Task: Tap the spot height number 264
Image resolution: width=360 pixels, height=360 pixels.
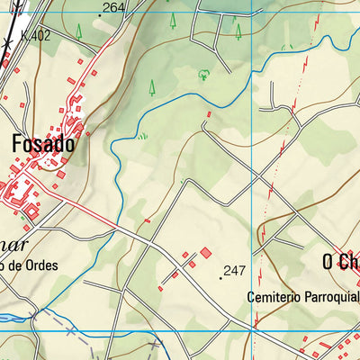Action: pyautogui.click(x=113, y=8)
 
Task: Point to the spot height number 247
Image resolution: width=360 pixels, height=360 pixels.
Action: pyautogui.click(x=235, y=270)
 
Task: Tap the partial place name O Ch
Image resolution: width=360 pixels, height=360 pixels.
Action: pyautogui.click(x=340, y=262)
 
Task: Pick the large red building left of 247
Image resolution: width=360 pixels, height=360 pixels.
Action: pyautogui.click(x=205, y=254)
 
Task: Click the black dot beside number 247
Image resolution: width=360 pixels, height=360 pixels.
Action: pyautogui.click(x=220, y=278)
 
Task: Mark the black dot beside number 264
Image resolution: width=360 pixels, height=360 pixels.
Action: pyautogui.click(x=99, y=15)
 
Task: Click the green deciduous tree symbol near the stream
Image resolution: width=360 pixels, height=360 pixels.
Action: pyautogui.click(x=203, y=75)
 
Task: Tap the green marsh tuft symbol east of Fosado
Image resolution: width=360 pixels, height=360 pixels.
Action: pyautogui.click(x=141, y=136)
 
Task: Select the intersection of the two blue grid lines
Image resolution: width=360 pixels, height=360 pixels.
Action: pyautogui.click(x=256, y=330)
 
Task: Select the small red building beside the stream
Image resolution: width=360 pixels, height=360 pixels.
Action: pyautogui.click(x=210, y=114)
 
